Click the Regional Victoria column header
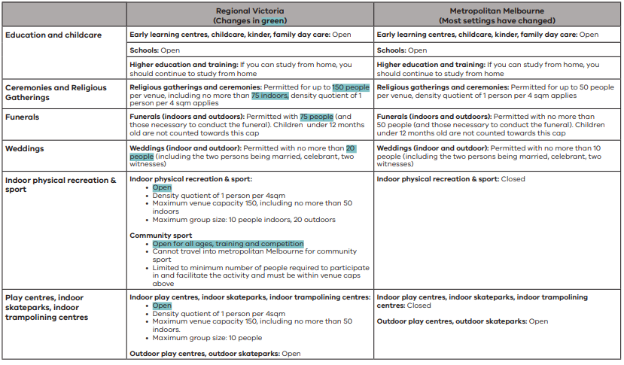tap(251, 11)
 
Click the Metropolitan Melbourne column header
tap(498, 11)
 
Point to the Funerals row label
tap(23, 117)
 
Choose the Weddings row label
tap(26, 148)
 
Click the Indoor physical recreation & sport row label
tap(61, 184)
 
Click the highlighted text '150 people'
tap(351, 87)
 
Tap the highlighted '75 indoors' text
tap(269, 96)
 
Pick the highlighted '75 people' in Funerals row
tap(316, 117)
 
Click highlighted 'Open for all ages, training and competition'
tap(228, 244)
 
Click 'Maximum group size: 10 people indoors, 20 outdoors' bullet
tap(244, 220)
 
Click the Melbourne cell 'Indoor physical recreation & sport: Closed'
tap(451, 179)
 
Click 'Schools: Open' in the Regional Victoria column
tap(155, 50)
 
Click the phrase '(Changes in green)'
tap(251, 20)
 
